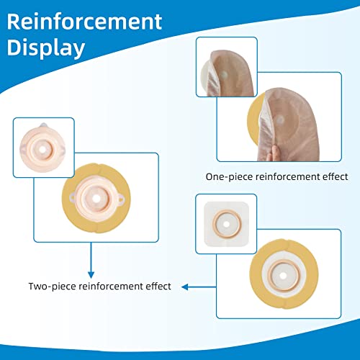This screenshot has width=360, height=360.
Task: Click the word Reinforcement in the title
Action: point(84,22)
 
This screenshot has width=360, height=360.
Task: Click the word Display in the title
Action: point(46,48)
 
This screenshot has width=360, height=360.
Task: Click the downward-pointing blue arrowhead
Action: point(91,275)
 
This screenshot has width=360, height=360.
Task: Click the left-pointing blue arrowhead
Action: point(185,287)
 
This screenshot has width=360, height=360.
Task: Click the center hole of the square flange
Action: point(226,224)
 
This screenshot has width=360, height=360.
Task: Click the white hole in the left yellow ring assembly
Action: point(96,199)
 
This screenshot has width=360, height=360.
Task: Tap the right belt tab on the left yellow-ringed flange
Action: point(121,198)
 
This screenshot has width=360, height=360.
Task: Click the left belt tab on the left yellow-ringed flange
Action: point(72,198)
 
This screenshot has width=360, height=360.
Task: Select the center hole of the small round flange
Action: point(42,150)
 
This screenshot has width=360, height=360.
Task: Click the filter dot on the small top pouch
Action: point(224,75)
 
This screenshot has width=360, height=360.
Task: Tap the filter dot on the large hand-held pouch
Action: point(280,120)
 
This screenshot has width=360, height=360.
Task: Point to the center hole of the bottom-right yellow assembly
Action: point(283,276)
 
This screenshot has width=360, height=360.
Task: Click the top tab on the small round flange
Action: point(43,125)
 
